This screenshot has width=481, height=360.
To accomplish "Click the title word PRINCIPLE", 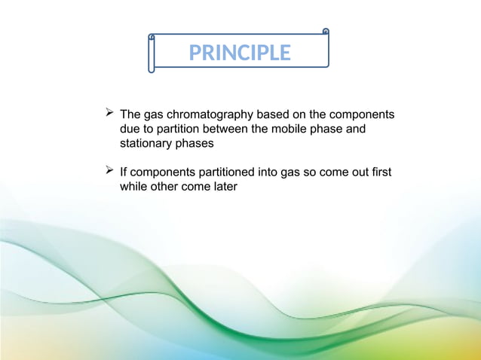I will [x=240, y=53].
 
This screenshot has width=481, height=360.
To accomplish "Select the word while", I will [x=133, y=187].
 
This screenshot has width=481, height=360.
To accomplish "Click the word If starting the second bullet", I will [x=124, y=173].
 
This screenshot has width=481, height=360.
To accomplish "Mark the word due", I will [x=130, y=129].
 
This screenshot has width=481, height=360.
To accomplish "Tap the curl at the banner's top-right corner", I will [x=325, y=32].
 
